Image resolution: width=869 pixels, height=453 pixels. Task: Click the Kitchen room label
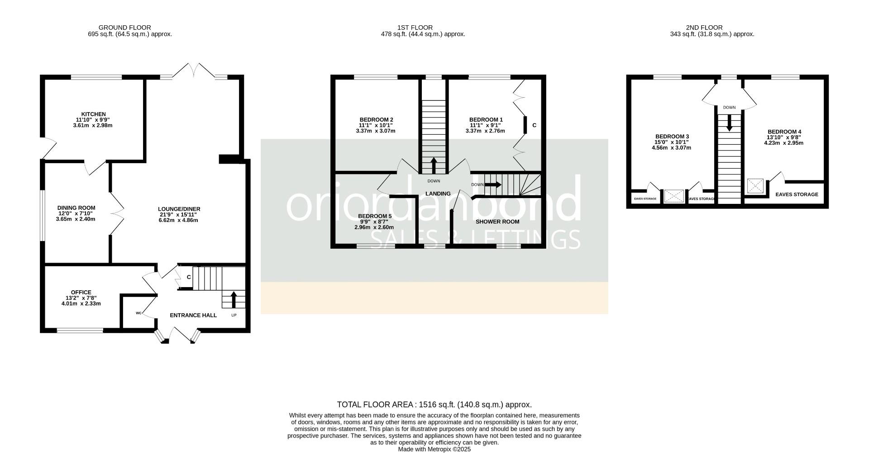pyautogui.click(x=94, y=114)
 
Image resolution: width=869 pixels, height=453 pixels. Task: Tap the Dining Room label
pyautogui.click(x=76, y=208)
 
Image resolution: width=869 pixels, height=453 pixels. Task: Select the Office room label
pyautogui.click(x=81, y=293)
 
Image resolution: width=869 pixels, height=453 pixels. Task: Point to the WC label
pyautogui.click(x=138, y=313)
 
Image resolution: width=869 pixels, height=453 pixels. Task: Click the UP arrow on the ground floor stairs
pyautogui.click(x=234, y=300)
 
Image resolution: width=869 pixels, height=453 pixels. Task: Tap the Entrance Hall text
pyautogui.click(x=193, y=315)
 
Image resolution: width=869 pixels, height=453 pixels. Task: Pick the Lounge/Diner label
pyautogui.click(x=179, y=209)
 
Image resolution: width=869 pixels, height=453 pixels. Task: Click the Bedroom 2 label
pyautogui.click(x=376, y=119)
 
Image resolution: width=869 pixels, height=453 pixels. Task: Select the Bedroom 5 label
pyautogui.click(x=374, y=216)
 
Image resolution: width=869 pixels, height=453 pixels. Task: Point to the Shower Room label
pyautogui.click(x=497, y=222)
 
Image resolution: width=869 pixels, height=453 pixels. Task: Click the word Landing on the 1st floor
pyautogui.click(x=438, y=193)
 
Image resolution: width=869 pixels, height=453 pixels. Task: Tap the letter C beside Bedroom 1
pyautogui.click(x=534, y=125)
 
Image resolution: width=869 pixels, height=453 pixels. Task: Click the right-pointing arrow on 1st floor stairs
pyautogui.click(x=493, y=184)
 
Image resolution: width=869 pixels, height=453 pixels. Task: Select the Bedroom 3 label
pyautogui.click(x=672, y=137)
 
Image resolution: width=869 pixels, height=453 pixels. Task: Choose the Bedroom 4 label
pyautogui.click(x=784, y=132)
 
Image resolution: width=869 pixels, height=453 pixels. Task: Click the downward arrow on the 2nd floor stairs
pyautogui.click(x=729, y=123)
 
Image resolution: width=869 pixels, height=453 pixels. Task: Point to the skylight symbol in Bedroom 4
pyautogui.click(x=755, y=186)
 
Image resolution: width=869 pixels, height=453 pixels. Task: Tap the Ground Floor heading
pyautogui.click(x=124, y=28)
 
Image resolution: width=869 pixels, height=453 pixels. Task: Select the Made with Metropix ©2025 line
pyautogui.click(x=434, y=449)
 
